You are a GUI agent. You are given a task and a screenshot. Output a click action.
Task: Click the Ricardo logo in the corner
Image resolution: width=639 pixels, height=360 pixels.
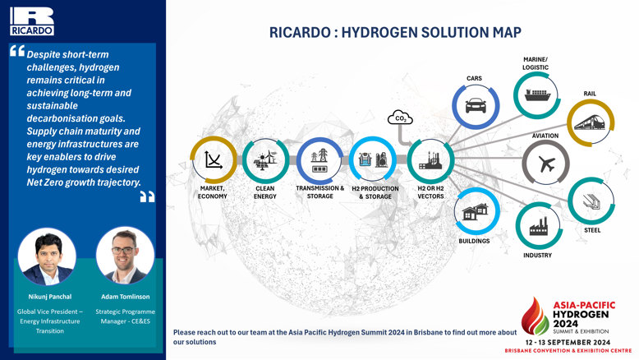32,21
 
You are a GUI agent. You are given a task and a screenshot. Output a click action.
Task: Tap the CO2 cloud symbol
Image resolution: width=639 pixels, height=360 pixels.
400,118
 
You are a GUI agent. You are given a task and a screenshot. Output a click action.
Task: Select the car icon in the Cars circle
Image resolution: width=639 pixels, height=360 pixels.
476,105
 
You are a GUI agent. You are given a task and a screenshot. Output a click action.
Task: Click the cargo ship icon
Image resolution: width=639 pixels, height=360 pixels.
537,95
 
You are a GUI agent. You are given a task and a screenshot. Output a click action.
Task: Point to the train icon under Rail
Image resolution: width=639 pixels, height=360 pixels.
590,122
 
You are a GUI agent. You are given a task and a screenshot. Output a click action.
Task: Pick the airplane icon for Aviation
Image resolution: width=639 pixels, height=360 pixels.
546,164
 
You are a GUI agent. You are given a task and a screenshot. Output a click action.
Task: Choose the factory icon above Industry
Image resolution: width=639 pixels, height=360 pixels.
538,226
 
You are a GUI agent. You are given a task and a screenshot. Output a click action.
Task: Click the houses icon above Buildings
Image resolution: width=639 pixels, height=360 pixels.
476,211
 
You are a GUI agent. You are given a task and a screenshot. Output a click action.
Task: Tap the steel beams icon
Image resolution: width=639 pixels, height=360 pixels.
591,201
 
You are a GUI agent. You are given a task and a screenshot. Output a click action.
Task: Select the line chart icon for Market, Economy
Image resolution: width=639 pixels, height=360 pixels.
213,159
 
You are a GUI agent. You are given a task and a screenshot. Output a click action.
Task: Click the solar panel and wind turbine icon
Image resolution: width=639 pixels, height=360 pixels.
265,159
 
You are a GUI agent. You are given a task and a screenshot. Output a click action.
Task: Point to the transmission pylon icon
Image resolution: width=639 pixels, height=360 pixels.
319,160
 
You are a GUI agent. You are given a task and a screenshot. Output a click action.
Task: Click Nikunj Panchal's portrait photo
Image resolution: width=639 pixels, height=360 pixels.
47,256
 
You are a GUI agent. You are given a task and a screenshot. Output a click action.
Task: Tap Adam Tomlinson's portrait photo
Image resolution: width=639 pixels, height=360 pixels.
125,256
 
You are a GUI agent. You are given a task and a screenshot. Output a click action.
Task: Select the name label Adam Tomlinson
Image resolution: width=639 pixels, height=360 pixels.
126,297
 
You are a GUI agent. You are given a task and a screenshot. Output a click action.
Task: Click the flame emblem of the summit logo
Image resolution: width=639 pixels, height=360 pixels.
535,316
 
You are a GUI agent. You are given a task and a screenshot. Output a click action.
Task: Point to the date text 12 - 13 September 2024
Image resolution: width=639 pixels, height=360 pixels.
568,342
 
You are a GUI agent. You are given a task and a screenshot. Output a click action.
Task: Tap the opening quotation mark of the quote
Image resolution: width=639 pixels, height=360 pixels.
17,51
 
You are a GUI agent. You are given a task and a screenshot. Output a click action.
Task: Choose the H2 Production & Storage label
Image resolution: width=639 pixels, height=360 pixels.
375,192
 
